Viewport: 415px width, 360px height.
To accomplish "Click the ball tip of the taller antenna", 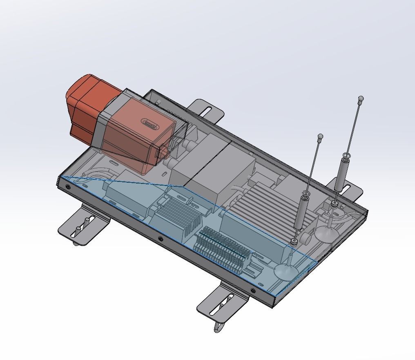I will tap(361, 98).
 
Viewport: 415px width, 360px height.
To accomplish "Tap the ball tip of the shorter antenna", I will tap(320, 136).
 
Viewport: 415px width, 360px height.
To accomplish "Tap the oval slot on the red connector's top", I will tap(150, 123).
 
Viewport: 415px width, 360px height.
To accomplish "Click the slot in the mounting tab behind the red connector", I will tap(208, 111).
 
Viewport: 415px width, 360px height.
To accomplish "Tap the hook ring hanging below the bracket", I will tap(218, 327).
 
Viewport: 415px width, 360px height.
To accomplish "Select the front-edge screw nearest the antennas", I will tap(253, 291).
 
